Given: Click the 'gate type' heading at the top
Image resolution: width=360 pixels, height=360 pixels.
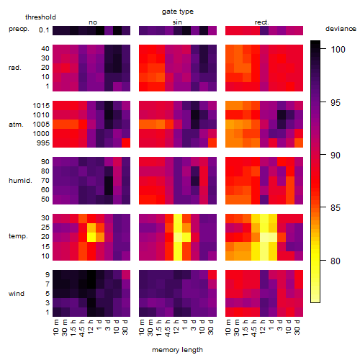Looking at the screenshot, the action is [x=178, y=12].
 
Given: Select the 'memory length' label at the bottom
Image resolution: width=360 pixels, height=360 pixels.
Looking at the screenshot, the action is [x=177, y=350].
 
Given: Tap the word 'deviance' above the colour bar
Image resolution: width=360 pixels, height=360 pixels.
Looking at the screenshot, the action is [x=341, y=29].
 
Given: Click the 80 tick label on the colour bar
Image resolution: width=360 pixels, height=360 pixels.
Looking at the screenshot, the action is [x=336, y=261].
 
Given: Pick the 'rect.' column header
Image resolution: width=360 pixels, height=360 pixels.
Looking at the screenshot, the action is [x=261, y=22].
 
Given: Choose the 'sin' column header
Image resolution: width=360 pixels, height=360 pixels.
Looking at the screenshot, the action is [x=177, y=22].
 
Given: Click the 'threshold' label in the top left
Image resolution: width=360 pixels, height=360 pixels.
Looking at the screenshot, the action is [x=40, y=17].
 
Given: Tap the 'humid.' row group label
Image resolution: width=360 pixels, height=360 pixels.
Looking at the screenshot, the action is [x=20, y=181].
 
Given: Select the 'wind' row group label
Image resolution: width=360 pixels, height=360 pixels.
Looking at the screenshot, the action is [x=17, y=294].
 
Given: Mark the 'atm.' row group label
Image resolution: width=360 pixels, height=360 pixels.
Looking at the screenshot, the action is [x=16, y=125].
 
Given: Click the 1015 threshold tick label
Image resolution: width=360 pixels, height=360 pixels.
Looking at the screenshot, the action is [x=41, y=106].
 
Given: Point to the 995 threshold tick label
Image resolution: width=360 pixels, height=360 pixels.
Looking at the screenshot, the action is [x=43, y=143].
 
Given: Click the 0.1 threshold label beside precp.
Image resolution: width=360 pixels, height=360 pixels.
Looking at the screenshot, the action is [x=44, y=30].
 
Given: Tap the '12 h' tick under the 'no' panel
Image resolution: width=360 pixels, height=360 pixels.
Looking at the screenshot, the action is [x=91, y=327].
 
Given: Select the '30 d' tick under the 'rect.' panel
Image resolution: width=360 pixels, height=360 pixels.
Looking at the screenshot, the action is [x=297, y=327].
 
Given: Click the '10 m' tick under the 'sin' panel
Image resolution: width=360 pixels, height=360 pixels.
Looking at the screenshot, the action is [x=142, y=327].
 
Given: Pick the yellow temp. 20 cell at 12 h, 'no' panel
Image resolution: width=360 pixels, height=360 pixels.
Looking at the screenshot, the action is [x=91, y=237].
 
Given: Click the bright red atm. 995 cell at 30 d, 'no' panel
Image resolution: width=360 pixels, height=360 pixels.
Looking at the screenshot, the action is [x=126, y=143].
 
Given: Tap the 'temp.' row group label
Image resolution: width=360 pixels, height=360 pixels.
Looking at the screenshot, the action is [x=18, y=236].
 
